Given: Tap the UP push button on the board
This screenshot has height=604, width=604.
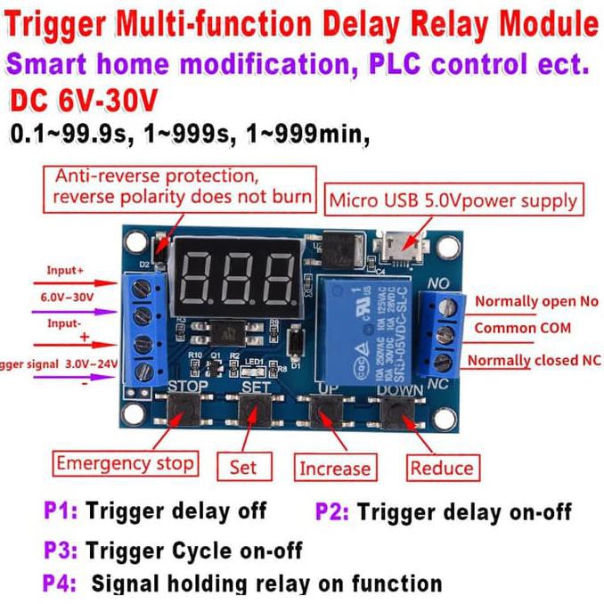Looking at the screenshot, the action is (x=327, y=412).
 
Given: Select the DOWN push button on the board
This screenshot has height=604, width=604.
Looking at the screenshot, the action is (x=397, y=412).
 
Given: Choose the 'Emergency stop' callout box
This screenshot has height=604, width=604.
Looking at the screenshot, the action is (x=124, y=463).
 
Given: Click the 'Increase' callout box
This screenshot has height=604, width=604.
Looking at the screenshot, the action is (x=334, y=468).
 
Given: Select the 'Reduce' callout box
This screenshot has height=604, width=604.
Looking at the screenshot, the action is (x=442, y=468).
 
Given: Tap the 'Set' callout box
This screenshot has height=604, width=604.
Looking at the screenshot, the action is (x=243, y=467).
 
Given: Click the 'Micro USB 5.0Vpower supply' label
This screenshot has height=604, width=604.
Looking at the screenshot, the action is (x=453, y=200).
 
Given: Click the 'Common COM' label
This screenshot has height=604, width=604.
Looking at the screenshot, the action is (x=516, y=328).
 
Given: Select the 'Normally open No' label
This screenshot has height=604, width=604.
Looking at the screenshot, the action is (x=536, y=301).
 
